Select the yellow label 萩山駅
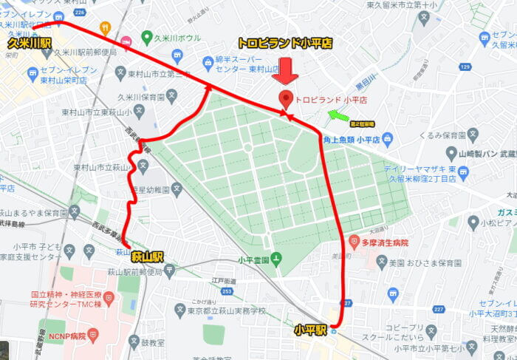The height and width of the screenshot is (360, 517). (146, 257)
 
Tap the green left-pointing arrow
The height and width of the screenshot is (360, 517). (338, 115)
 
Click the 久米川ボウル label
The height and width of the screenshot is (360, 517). (177, 37)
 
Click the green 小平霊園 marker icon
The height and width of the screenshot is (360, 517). (275, 258)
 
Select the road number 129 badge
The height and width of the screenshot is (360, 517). (465, 67)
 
